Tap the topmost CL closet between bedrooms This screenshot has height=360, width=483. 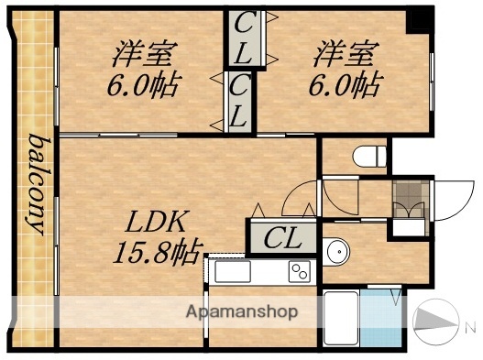[x=242, y=38]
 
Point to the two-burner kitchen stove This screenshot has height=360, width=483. [x=299, y=270]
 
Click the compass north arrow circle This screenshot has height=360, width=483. [x=437, y=320]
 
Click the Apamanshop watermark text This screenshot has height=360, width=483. [x=242, y=311]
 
